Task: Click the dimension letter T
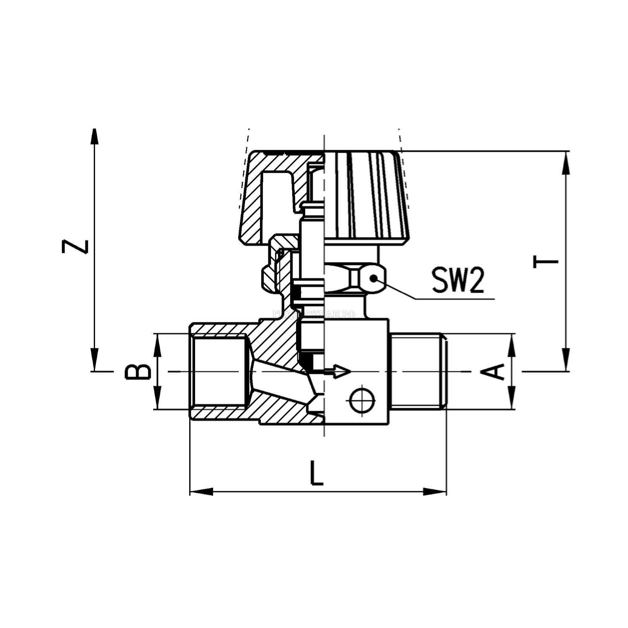[546, 262]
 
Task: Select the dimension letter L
[317, 473]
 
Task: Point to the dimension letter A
[497, 371]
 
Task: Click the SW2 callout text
[458, 281]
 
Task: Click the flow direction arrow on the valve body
[339, 371]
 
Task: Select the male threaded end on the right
[419, 371]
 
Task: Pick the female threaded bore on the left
[218, 371]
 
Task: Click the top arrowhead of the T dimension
[566, 162]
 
